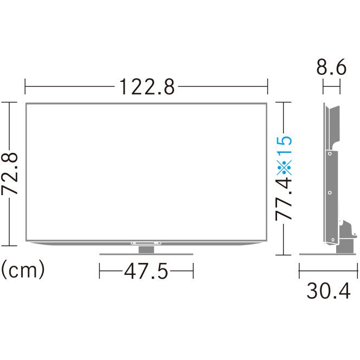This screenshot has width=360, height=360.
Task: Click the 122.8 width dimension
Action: click(147, 87)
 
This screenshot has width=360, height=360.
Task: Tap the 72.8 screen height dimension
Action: click(9, 173)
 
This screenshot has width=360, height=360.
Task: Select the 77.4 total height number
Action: click(284, 199)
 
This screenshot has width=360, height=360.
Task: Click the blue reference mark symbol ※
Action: click(284, 167)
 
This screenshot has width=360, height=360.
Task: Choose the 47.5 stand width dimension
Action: click(146, 271)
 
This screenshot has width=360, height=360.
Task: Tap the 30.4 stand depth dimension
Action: click(329, 291)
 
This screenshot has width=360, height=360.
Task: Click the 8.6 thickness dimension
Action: click(331, 67)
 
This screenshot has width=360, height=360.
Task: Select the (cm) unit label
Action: click(23, 269)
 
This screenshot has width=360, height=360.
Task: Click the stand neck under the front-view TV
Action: click(146, 249)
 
